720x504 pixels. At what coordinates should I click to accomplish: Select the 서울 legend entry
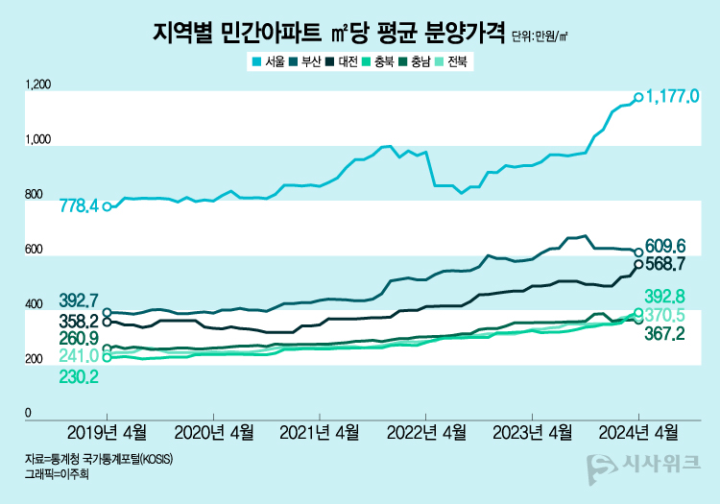tap(269, 62)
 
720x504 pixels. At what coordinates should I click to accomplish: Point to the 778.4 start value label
tap(79, 205)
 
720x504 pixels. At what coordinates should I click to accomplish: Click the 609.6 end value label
tap(665, 245)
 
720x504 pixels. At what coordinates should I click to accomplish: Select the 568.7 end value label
tap(665, 262)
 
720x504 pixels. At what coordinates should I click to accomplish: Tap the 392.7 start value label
tap(79, 300)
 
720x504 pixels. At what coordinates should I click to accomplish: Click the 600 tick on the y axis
tap(34, 251)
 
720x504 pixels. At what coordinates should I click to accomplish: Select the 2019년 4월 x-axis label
tap(107, 431)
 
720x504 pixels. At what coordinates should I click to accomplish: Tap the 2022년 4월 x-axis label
tap(426, 431)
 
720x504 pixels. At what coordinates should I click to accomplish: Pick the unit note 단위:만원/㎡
tap(540, 37)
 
